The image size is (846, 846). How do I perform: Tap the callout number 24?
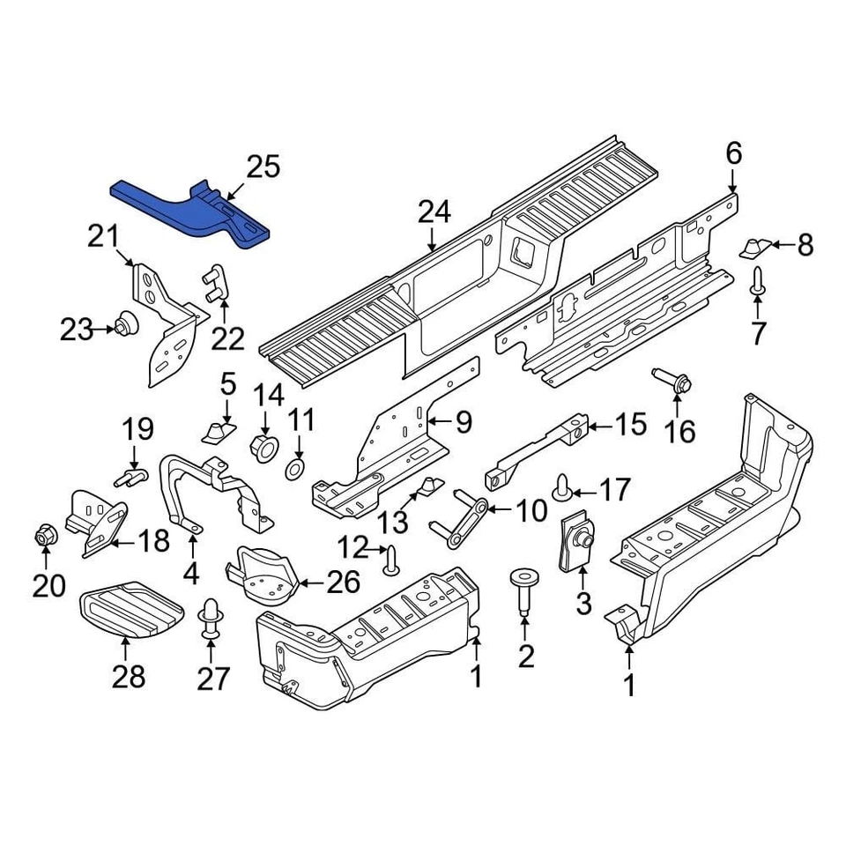coord(434,212)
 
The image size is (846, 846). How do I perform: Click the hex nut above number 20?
coord(46,534)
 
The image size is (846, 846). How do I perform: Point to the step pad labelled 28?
coord(130,609)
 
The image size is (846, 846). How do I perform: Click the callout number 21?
coord(102,237)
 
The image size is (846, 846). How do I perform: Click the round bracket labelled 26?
coord(260,573)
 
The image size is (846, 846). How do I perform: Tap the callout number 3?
coord(583,604)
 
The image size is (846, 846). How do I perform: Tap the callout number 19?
coord(137,429)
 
